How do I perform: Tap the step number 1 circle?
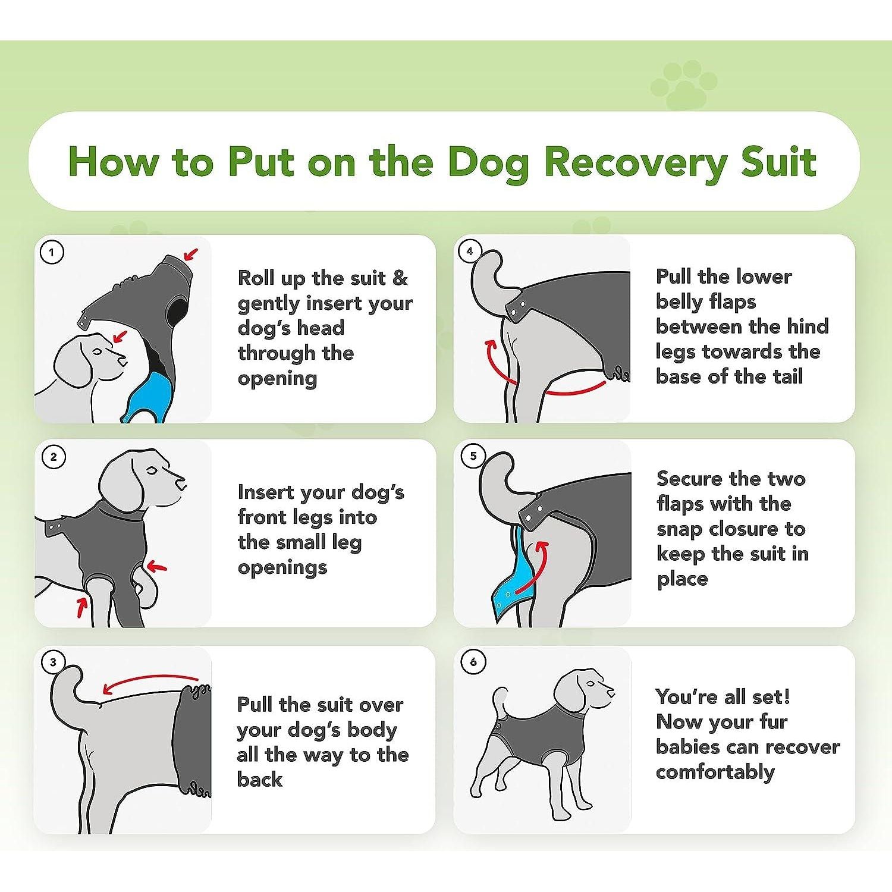pyautogui.click(x=52, y=252)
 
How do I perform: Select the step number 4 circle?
pyautogui.click(x=470, y=251)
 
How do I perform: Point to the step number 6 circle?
pyautogui.click(x=473, y=662)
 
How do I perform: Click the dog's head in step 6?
pyautogui.click(x=580, y=690)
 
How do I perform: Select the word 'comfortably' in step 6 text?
pyautogui.click(x=715, y=772)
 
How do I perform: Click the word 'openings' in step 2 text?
pyautogui.click(x=282, y=567)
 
